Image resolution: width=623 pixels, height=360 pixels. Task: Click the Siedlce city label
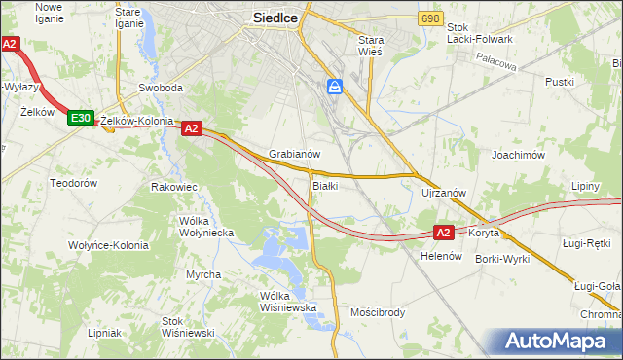coord(280,17)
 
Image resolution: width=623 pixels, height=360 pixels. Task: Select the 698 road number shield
coord(430,18)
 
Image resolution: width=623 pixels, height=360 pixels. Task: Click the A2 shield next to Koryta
coord(443,233)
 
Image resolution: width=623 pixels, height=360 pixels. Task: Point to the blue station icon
coord(335,88)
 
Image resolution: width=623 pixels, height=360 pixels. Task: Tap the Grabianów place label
coord(295,154)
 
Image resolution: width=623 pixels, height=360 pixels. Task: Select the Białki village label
coord(324,185)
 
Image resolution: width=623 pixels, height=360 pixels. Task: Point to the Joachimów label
coord(516,154)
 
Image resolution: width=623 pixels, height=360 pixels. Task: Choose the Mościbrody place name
coord(377,312)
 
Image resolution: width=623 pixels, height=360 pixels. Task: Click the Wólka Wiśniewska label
coord(289,302)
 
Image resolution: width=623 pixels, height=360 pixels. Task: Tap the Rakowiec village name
coord(175,186)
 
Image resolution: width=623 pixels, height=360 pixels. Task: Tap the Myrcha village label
coord(203,274)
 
